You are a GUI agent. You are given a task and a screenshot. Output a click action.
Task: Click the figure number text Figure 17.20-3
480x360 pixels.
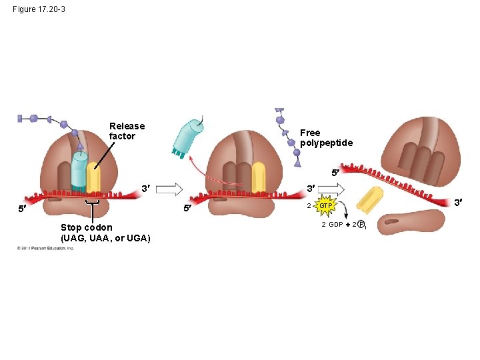[x=39, y=9]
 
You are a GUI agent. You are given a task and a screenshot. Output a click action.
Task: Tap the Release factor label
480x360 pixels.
[x=127, y=131]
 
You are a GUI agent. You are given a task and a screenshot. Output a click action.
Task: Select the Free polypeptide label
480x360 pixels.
[x=326, y=138]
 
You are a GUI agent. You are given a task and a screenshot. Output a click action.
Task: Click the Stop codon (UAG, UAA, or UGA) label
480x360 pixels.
[x=105, y=233]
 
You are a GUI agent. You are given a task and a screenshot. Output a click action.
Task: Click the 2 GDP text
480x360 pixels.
[x=332, y=225]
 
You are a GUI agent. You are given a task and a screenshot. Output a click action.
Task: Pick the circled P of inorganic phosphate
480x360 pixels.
[x=360, y=225]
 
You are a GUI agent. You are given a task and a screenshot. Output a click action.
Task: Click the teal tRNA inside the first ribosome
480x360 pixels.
[x=79, y=172]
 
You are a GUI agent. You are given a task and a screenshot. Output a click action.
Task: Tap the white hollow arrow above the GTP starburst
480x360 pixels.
[x=331, y=189]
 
